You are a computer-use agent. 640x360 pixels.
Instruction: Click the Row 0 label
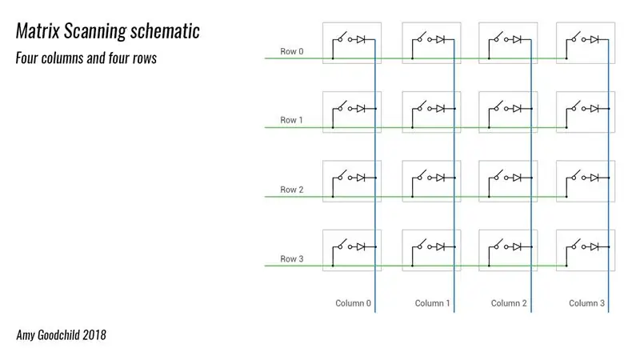[291, 51]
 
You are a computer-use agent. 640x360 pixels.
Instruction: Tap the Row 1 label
[291, 120]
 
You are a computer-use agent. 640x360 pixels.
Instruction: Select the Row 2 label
[291, 190]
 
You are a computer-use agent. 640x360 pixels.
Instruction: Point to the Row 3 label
[291, 258]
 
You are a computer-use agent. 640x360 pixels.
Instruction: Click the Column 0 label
[353, 303]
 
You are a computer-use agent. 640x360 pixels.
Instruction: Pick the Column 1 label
[432, 303]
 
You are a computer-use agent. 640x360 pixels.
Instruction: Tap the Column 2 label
[509, 303]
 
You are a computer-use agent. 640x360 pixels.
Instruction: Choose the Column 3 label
[586, 303]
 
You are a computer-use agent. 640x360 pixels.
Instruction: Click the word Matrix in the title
[38, 30]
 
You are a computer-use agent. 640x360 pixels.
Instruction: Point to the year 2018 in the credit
[94, 335]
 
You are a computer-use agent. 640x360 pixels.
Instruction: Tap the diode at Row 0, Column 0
[361, 39]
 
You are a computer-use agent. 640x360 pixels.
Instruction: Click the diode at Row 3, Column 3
[594, 247]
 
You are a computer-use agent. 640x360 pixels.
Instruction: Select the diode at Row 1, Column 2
[517, 109]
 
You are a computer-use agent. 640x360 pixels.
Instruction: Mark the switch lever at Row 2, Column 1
[422, 174]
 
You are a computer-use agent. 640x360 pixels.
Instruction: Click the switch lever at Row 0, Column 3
[575, 36]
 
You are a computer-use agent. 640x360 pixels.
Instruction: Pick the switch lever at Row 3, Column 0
[342, 243]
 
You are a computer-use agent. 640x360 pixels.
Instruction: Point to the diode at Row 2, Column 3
[594, 178]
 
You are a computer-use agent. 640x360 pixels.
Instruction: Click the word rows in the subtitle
[145, 58]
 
